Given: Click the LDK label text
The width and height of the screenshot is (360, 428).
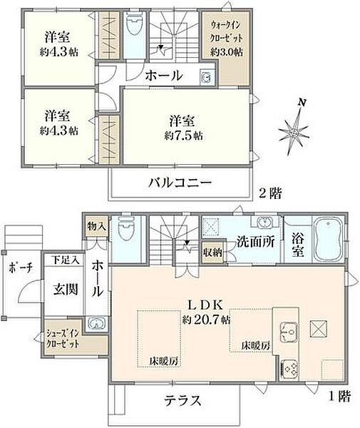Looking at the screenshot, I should point(207,302).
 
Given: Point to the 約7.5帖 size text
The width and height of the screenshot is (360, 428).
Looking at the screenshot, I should point(184,135).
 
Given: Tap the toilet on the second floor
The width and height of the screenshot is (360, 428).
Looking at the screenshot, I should point(133,28).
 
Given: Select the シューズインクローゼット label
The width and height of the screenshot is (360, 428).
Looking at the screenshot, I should point(63,337).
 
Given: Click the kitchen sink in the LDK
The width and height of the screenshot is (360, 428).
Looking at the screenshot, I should point(290,330).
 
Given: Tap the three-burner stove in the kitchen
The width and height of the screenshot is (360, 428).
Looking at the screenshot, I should point(291,369).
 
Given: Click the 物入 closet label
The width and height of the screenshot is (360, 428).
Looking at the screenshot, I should point(97,226).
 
